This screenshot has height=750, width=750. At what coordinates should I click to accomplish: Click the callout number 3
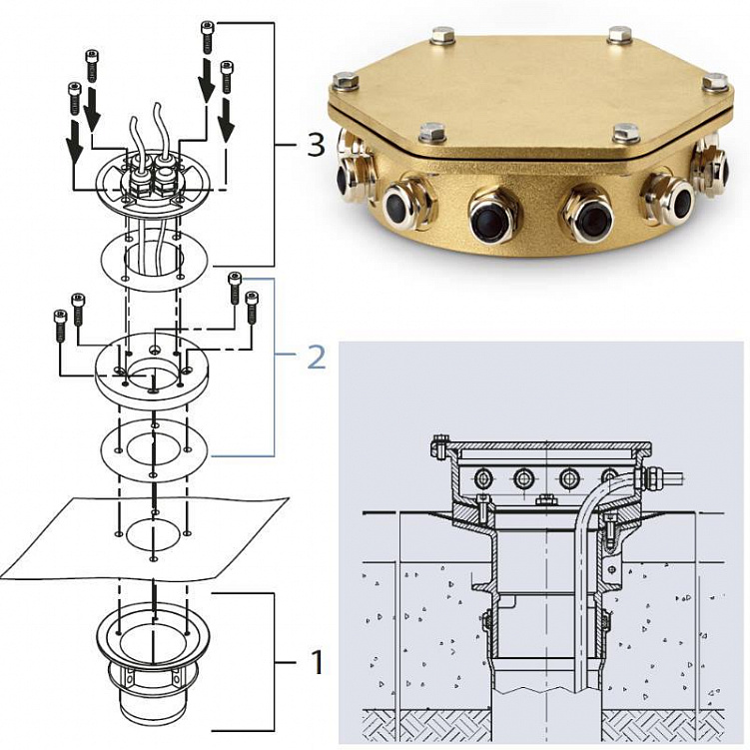tap(316, 145)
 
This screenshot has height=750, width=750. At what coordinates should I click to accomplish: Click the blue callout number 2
tap(317, 357)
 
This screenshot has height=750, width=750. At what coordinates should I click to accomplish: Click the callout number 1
tap(318, 662)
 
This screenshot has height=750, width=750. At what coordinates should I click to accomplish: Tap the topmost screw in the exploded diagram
tap(207, 38)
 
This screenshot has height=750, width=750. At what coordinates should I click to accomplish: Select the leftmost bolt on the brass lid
tap(346, 82)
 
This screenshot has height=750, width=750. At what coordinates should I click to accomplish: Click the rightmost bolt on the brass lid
tap(716, 82)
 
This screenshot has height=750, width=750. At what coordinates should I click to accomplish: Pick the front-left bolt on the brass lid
tap(432, 134)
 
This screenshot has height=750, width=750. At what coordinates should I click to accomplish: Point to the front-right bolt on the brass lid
tap(626, 134)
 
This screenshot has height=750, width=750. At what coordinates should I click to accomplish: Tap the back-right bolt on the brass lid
tap(621, 36)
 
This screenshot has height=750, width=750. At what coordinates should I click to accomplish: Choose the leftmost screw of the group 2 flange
tap(60, 326)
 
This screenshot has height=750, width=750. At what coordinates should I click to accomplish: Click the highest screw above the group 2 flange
tap(235, 288)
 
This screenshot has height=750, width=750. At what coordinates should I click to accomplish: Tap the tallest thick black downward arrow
tap(206, 80)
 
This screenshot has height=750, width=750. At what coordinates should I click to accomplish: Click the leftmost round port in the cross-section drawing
tap(481, 477)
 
